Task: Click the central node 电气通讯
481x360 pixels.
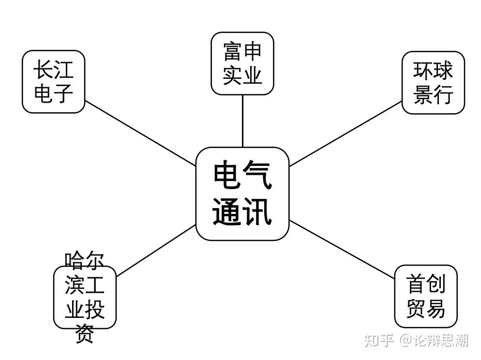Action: (242, 194)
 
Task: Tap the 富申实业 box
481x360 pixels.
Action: (242, 63)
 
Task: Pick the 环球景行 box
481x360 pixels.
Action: (433, 83)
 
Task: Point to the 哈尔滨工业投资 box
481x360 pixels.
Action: (85, 297)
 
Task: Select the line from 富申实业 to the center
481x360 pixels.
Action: (242, 121)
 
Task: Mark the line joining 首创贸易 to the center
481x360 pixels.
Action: (342, 249)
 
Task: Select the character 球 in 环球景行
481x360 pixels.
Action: (443, 71)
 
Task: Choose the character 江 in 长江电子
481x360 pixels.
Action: (63, 70)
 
